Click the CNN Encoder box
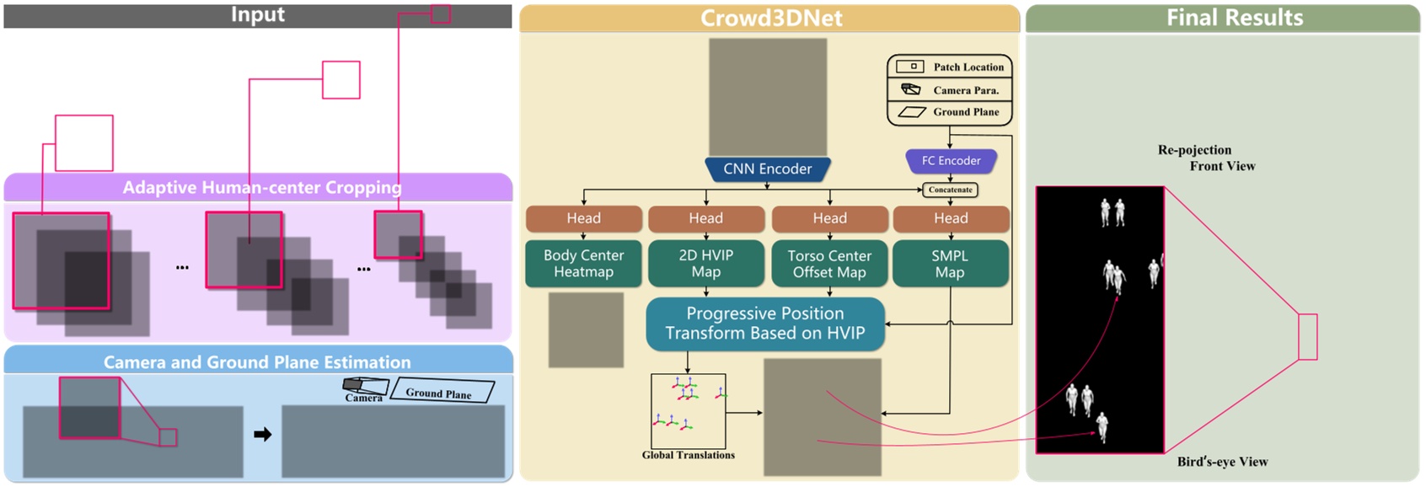coord(767,169)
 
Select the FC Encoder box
coord(951,161)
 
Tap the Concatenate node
coord(950,190)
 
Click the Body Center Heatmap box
coord(583,264)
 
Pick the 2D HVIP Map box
coord(705,264)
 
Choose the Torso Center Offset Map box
coord(829,264)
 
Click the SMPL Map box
coord(950,264)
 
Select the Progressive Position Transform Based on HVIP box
coord(765,324)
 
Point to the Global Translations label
coord(688,456)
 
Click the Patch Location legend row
coord(950,67)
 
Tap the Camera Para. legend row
coord(950,90)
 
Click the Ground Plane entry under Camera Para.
coord(950,112)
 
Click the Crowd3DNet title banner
coord(770,19)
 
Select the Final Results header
coord(1234,18)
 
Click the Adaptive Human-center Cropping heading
coord(261,187)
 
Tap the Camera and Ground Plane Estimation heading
coord(257,362)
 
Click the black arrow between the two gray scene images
coord(263,435)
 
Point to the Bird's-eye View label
coord(1222,462)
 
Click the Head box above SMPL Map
coord(951,218)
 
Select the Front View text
coord(1222,167)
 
